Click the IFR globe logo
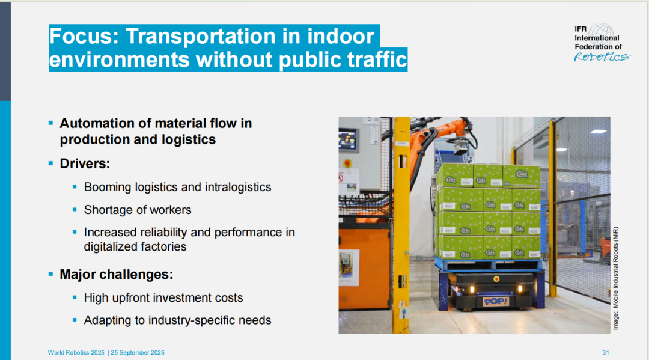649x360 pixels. click(602, 34)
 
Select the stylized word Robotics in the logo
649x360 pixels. click(603, 56)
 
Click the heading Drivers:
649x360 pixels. click(85, 163)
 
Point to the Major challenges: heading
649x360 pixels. click(117, 274)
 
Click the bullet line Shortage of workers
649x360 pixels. click(138, 210)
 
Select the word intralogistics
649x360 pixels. click(238, 187)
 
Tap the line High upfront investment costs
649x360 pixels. click(163, 297)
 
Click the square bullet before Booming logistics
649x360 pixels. click(75, 187)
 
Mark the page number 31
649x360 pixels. click(606, 353)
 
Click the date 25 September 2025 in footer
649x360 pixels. click(138, 353)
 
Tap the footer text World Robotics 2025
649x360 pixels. click(76, 353)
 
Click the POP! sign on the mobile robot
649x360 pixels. click(495, 301)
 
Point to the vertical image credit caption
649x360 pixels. click(615, 278)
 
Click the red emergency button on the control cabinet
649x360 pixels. click(348, 163)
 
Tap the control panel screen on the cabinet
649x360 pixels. click(347, 139)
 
